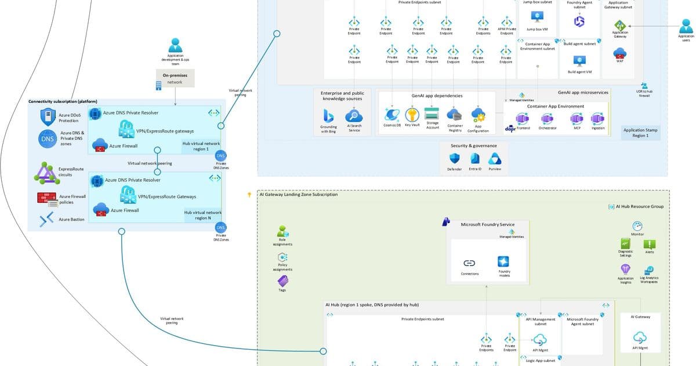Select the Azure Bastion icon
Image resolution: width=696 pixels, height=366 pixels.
click(46, 219)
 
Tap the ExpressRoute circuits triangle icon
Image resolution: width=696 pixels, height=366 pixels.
click(46, 173)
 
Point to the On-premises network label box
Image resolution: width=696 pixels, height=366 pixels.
click(175, 78)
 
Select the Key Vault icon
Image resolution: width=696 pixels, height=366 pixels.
click(412, 114)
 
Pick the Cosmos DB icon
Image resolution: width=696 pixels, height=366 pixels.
click(392, 114)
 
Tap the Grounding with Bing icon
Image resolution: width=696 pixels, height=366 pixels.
click(328, 116)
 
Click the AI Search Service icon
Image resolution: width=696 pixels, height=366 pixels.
click(354, 116)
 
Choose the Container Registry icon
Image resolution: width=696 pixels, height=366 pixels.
click(455, 114)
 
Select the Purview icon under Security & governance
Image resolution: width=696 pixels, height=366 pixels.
click(494, 159)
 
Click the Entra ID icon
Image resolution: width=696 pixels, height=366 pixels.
click(475, 159)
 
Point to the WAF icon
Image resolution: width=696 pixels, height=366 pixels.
click(619, 53)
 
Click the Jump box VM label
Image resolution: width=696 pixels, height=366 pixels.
click(538, 29)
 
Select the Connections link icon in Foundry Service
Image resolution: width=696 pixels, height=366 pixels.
click(470, 263)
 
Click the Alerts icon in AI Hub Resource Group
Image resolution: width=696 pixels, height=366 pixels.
click(650, 245)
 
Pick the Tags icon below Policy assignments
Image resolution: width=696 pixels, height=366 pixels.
click(282, 281)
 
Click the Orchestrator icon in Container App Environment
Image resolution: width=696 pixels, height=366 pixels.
click(547, 119)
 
